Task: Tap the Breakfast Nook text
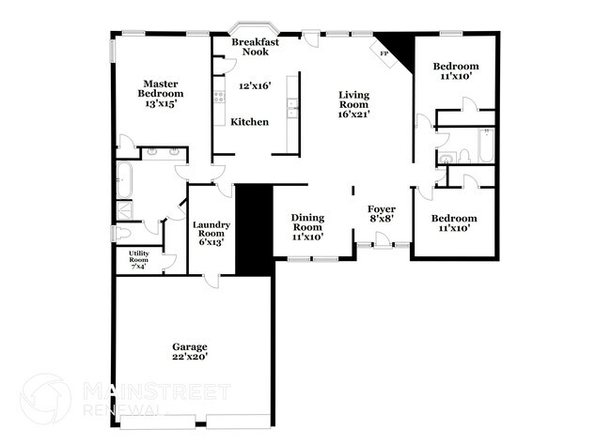click(254, 47)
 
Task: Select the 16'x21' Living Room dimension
click(353, 115)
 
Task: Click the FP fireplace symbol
click(384, 54)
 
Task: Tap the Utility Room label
click(138, 257)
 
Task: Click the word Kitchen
click(250, 122)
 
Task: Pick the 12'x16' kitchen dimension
click(254, 86)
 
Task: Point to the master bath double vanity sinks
click(164, 152)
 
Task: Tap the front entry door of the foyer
click(382, 246)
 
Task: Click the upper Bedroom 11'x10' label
click(455, 71)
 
